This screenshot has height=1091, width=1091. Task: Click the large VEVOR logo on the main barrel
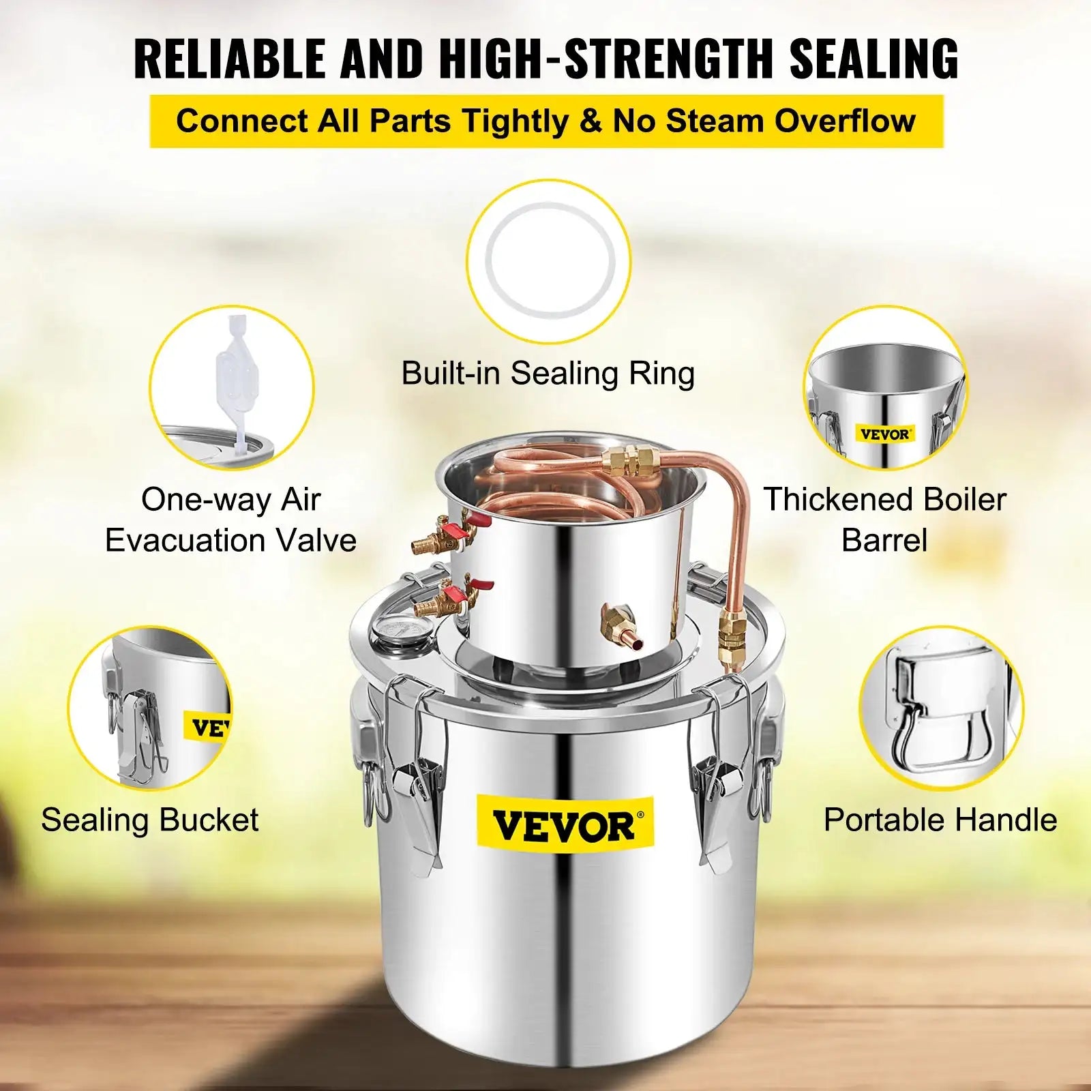565,825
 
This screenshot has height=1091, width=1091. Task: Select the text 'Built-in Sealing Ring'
548,374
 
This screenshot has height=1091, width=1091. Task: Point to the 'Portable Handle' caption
940,820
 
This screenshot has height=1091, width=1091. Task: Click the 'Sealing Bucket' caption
150,820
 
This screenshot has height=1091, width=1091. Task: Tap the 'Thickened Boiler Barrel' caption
884,520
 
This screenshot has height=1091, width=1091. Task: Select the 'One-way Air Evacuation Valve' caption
230,520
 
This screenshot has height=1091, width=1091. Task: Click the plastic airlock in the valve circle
232,389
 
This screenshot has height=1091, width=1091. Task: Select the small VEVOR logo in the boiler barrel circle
884,434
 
